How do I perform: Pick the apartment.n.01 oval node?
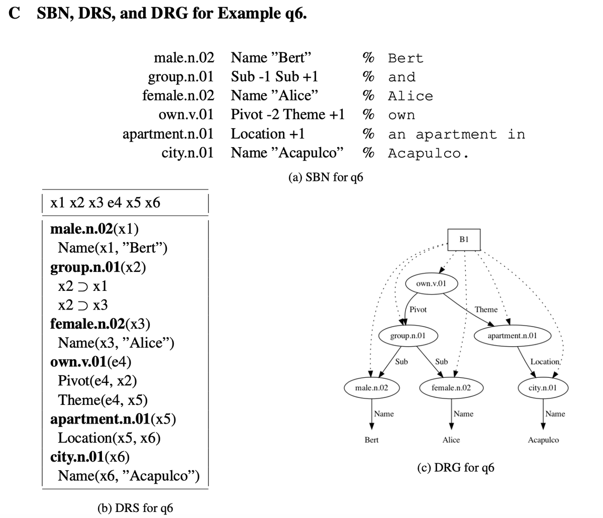(512, 335)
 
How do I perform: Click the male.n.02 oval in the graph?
(371, 388)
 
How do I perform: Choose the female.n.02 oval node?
(451, 388)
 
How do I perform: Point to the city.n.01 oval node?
(542, 388)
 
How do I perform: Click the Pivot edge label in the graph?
(418, 309)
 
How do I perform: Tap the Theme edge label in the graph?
(486, 309)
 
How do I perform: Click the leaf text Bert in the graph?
(371, 440)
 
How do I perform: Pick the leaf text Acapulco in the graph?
(543, 440)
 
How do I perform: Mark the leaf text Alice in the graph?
(451, 440)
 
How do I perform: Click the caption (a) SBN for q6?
(326, 177)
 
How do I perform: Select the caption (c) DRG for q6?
(456, 468)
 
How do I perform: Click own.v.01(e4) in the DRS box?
(91, 362)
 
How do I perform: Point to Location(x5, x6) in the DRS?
(110, 438)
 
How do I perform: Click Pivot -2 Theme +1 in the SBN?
(287, 115)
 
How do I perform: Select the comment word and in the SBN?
(402, 77)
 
